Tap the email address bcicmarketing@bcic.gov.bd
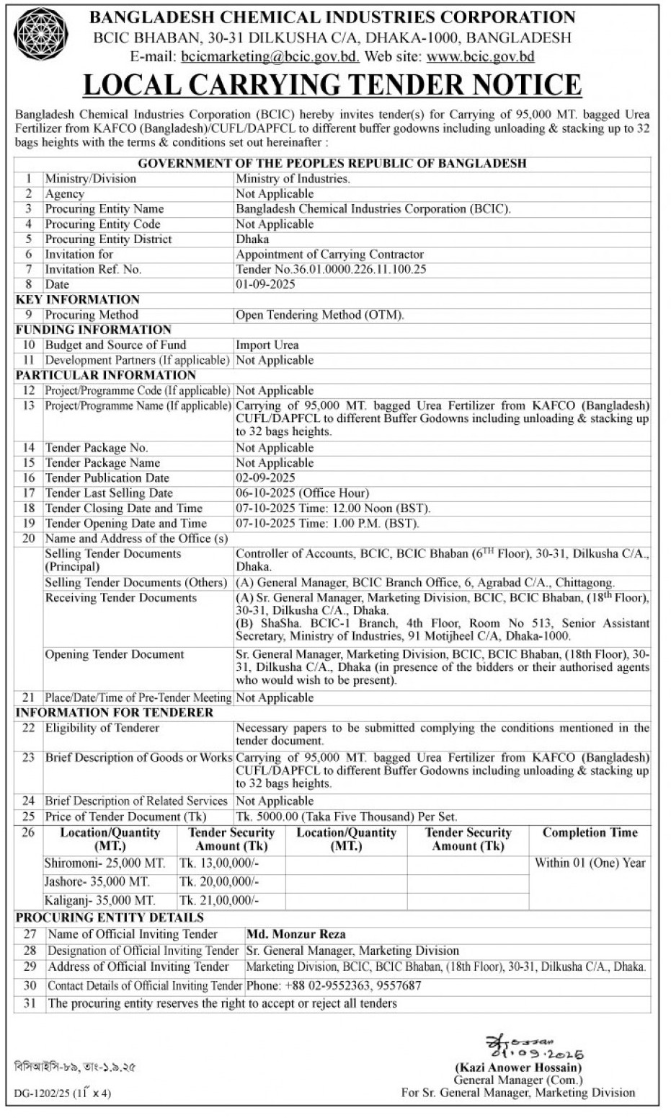pyautogui.click(x=270, y=56)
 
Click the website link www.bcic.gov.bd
pyautogui.click(x=481, y=56)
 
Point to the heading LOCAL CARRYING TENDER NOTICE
pyautogui.click(x=332, y=85)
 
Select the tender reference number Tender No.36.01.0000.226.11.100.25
pyautogui.click(x=331, y=269)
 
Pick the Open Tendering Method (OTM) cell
pyautogui.click(x=320, y=314)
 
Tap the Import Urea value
pyautogui.click(x=267, y=345)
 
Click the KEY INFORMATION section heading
pyautogui.click(x=78, y=299)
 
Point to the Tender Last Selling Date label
pyautogui.click(x=109, y=493)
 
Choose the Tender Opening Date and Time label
pyautogui.click(x=125, y=523)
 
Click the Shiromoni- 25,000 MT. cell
pyautogui.click(x=105, y=863)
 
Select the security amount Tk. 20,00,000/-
pyautogui.click(x=219, y=881)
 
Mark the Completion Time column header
pyautogui.click(x=590, y=832)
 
